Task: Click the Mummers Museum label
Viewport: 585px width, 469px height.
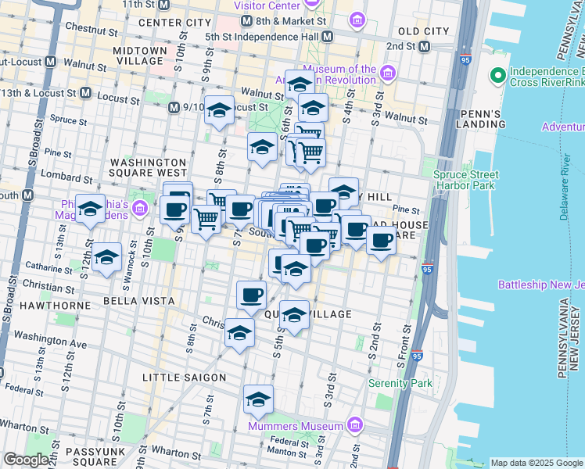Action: coord(295,426)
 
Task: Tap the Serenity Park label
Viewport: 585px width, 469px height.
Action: coord(400,384)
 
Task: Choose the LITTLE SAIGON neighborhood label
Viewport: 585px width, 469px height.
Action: coord(184,378)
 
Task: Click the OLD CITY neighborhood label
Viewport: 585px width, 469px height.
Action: coord(423,30)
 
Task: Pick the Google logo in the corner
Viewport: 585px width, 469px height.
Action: coord(26,460)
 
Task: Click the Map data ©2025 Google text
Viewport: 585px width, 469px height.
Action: coord(536,463)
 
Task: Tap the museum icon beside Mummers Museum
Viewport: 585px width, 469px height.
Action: coord(355,425)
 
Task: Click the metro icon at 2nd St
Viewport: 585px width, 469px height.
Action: coord(423,46)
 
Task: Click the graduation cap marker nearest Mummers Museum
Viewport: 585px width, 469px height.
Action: coord(258,400)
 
